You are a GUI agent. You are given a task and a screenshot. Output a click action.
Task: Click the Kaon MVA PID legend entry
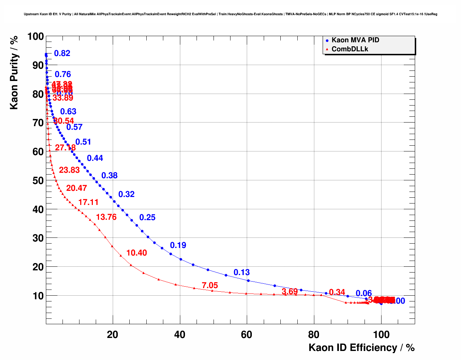(355, 40)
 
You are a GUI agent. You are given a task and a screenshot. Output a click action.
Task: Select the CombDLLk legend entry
(349, 49)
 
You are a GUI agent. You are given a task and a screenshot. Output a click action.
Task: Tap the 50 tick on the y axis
(38, 180)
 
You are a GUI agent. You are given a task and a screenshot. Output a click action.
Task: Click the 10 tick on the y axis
(38, 296)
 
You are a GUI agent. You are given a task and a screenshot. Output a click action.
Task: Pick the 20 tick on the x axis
(113, 335)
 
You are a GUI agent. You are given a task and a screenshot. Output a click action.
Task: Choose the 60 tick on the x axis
(247, 335)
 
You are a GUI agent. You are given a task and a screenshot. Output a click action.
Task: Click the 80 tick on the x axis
(314, 335)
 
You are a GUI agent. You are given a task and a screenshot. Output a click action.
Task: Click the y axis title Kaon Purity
(14, 72)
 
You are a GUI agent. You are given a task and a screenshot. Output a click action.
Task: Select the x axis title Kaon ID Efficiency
(361, 348)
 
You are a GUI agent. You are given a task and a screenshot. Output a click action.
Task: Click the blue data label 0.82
(62, 53)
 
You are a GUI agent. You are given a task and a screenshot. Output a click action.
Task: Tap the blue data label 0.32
(126, 194)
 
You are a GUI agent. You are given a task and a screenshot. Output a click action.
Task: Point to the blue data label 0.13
(242, 273)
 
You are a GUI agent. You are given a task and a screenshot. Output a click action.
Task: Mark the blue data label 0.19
(178, 245)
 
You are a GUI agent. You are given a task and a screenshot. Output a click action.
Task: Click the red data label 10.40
(137, 253)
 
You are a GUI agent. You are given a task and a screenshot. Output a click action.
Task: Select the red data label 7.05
(210, 286)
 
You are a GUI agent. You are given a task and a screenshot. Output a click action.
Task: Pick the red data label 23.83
(69, 170)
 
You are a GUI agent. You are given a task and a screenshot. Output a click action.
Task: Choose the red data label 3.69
(290, 292)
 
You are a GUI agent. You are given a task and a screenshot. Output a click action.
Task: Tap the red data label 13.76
(106, 217)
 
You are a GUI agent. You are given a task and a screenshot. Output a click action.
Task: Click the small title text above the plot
(231, 14)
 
